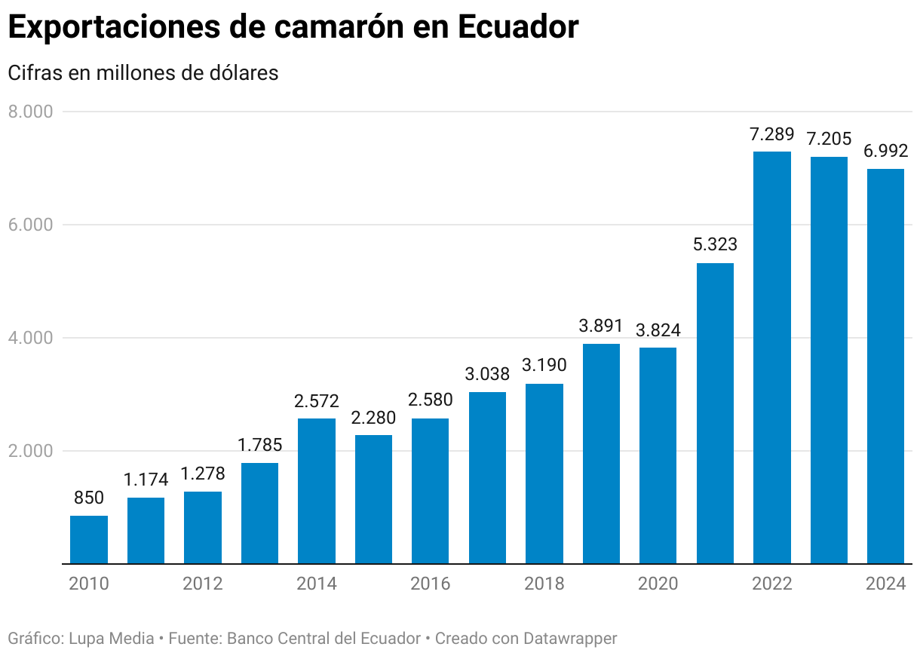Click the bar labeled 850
(89, 539)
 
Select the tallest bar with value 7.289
(771, 357)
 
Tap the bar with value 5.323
(715, 413)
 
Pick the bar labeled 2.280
(373, 499)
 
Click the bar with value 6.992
(885, 366)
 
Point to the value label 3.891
(601, 326)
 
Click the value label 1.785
(259, 445)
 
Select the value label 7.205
(829, 139)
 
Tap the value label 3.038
(487, 374)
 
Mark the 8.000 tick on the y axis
(30, 112)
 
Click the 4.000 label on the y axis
(30, 338)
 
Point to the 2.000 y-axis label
(30, 451)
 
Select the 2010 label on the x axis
(89, 584)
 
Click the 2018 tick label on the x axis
(544, 584)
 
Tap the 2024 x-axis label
(885, 584)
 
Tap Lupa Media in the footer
(112, 639)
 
